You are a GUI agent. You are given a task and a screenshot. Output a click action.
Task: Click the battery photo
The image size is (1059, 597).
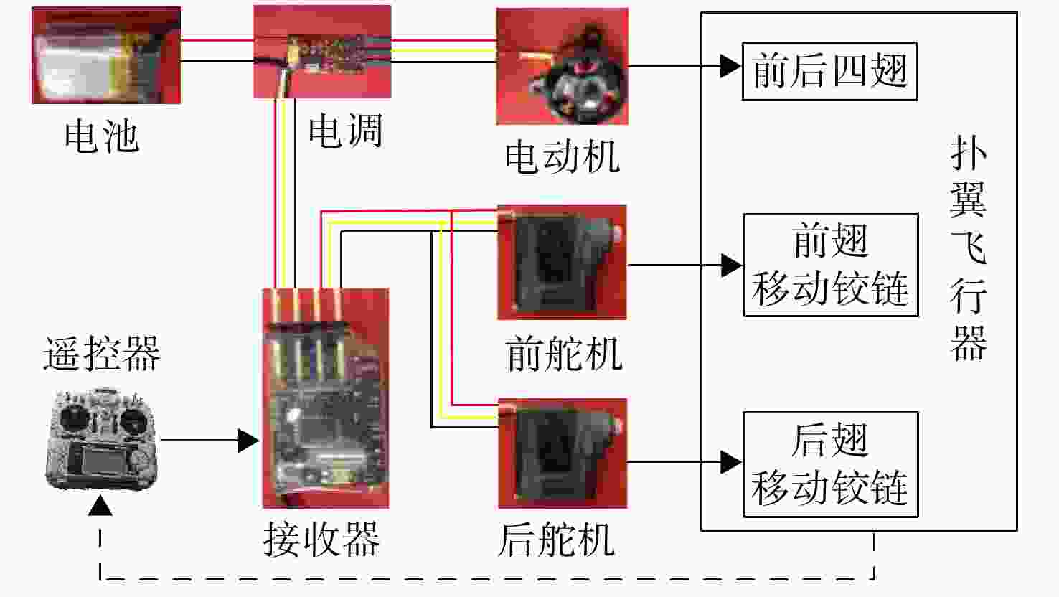coord(106,55)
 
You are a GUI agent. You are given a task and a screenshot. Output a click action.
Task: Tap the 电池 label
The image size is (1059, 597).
coord(102,136)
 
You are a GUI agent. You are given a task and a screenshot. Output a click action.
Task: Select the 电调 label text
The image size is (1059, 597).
coord(345,131)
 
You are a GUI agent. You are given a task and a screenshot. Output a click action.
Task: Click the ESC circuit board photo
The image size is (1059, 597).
coord(322,52)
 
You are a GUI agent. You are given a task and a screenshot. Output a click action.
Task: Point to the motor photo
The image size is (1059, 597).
coord(562,66)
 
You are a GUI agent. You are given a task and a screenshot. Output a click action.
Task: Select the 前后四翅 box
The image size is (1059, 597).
coord(829,71)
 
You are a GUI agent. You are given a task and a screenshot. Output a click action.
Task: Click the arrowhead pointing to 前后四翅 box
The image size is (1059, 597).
coord(731,66)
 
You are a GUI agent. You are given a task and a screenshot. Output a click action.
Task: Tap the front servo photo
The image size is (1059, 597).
coord(562,263)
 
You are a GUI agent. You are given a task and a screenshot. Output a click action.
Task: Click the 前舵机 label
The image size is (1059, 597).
coord(563,354)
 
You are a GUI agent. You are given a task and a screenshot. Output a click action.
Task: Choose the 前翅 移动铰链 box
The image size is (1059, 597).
coord(831,265)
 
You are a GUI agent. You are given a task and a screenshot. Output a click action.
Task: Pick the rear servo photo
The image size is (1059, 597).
coord(563,453)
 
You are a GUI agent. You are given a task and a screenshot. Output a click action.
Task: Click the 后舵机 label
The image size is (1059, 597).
coord(557,540)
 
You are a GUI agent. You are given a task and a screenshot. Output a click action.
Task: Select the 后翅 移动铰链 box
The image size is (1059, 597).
coord(831,464)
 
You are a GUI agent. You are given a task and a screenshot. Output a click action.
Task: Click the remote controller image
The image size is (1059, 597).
coord(102,440)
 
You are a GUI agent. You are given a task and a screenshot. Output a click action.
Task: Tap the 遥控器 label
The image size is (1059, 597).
coord(102,354)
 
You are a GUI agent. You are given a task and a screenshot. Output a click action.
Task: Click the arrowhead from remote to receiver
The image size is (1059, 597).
coord(248,441)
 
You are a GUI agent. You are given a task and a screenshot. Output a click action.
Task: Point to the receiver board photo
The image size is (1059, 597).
coord(326,398)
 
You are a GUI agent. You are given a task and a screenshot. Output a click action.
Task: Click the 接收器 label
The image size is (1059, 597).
coord(321,539)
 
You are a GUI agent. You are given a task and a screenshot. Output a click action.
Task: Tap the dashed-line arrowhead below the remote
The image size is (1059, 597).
coord(100,505)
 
